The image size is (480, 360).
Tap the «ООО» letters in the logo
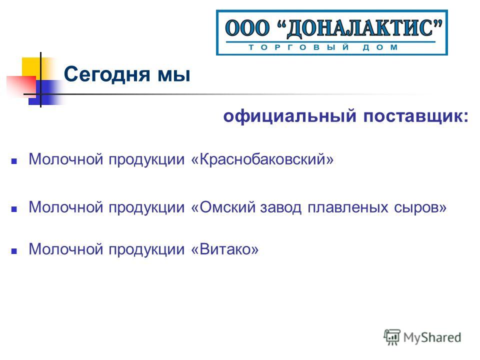click(x=247, y=28)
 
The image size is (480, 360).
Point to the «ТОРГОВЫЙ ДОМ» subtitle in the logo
click(x=323, y=47)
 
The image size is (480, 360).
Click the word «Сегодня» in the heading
click(x=107, y=74)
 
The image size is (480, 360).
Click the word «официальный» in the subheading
click(x=290, y=116)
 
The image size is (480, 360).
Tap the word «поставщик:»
click(x=415, y=116)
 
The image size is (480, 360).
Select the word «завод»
click(x=280, y=207)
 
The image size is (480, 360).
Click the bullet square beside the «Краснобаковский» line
click(x=14, y=161)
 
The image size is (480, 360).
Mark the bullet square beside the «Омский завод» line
click(x=14, y=209)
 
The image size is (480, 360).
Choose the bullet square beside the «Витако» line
click(x=14, y=251)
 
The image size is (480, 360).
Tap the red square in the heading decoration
click(x=21, y=85)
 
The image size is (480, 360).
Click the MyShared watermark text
click(x=432, y=337)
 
